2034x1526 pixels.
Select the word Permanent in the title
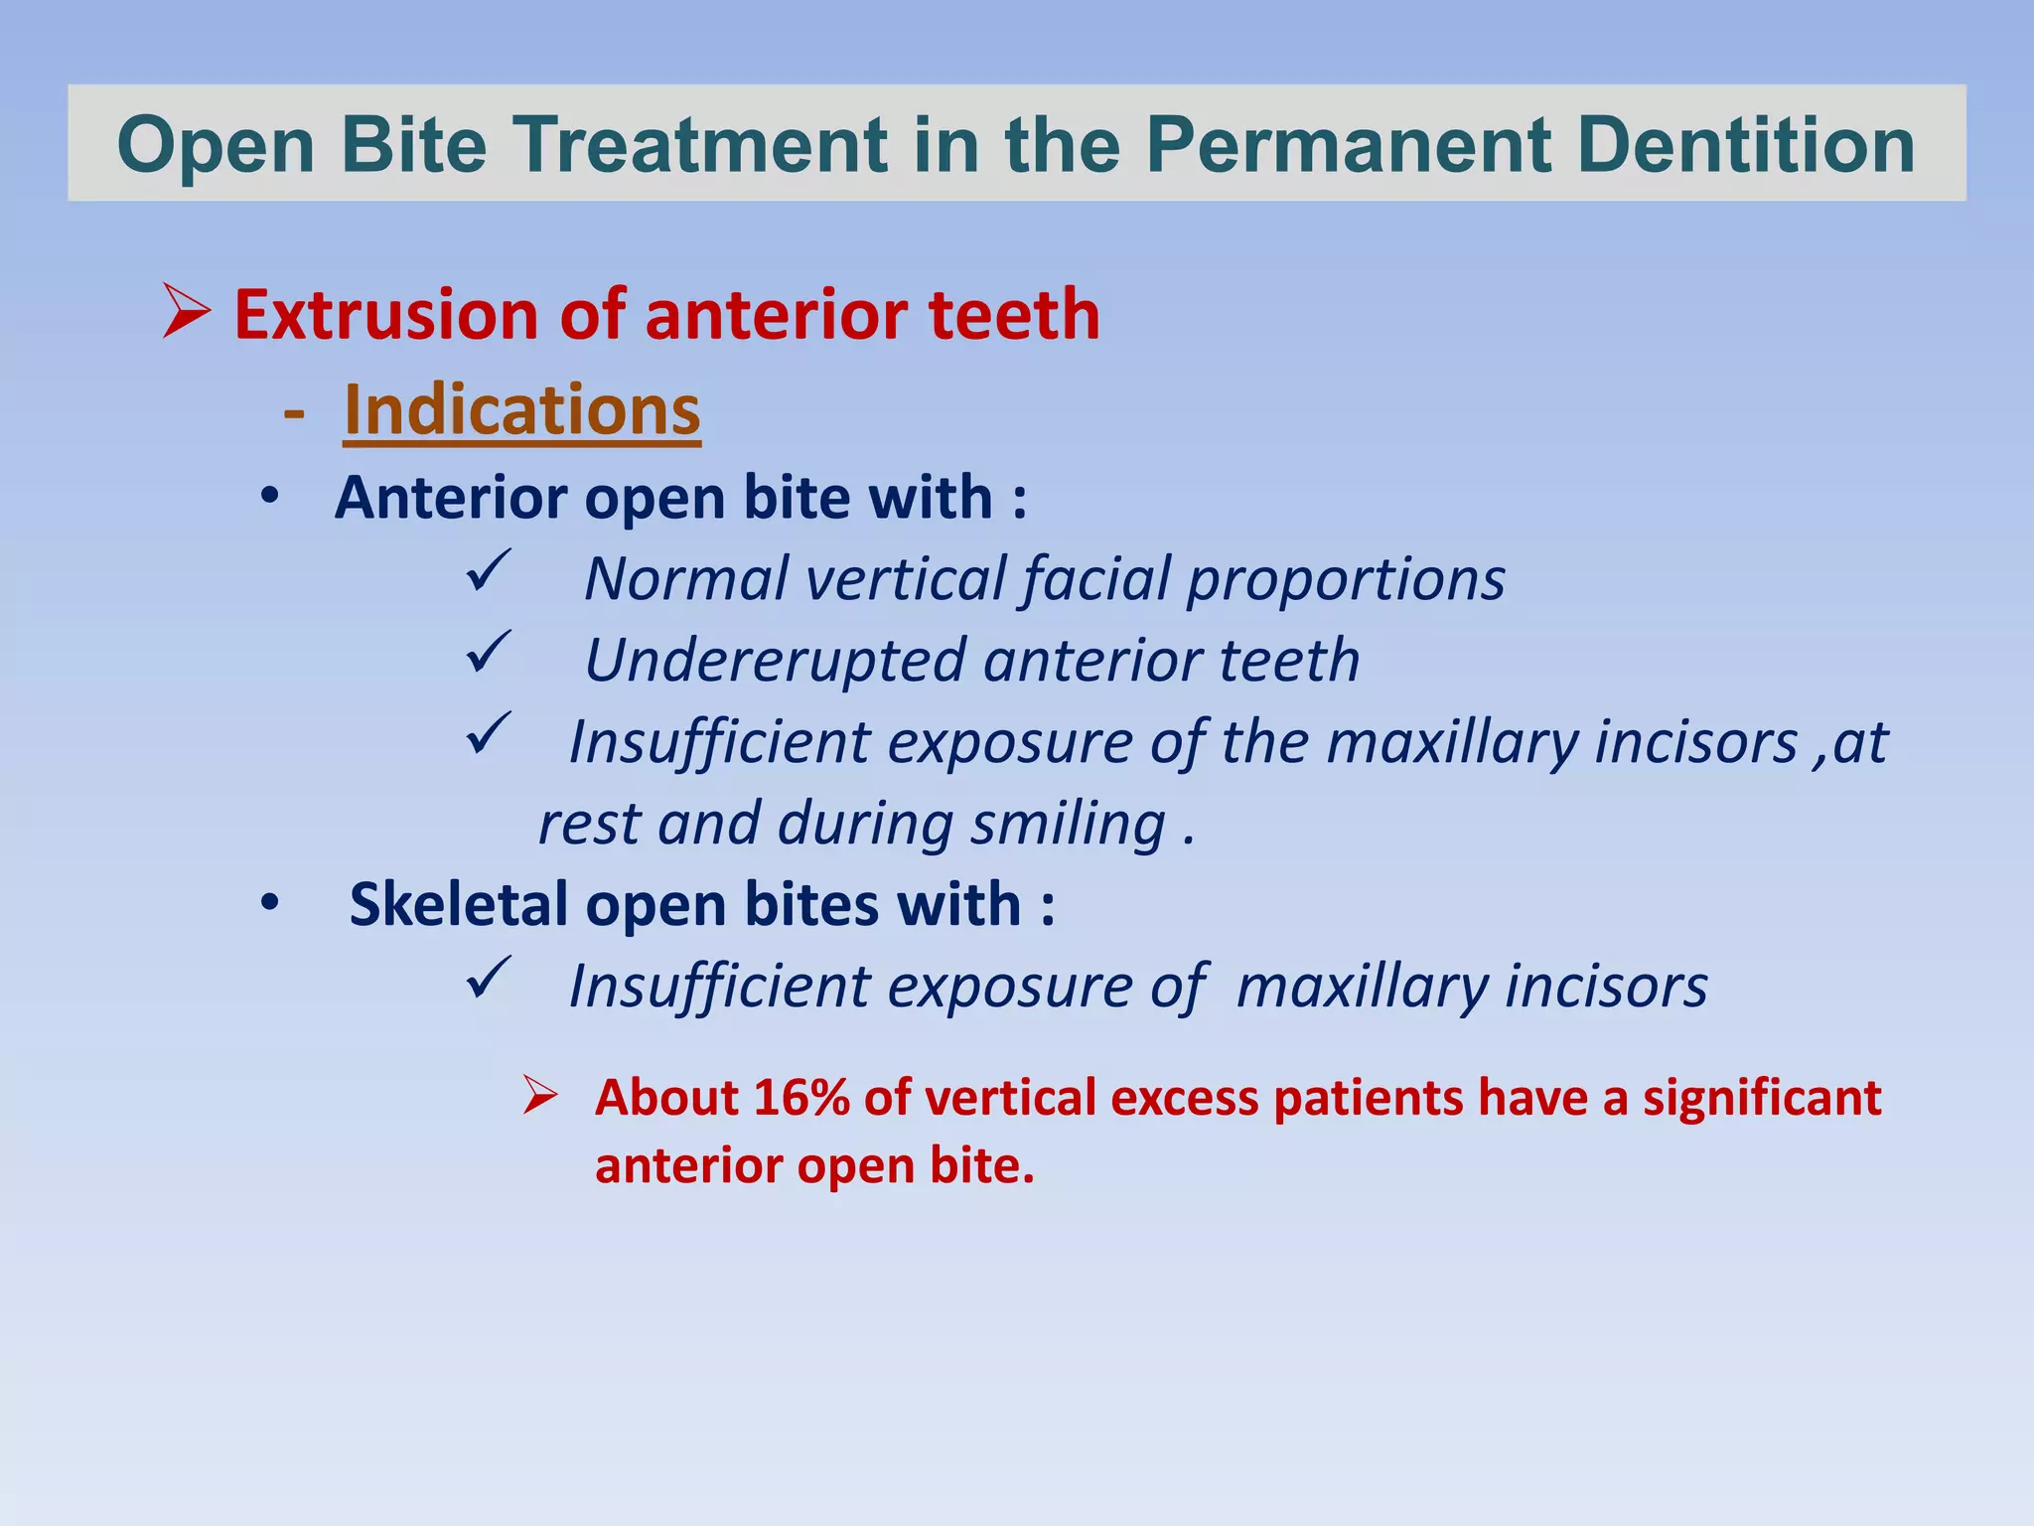click(x=1350, y=145)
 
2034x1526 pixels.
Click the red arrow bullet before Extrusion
click(x=187, y=311)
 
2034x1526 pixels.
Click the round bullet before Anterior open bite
click(x=269, y=496)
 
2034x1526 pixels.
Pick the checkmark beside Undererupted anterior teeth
click(x=489, y=653)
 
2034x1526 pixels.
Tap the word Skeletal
click(x=459, y=905)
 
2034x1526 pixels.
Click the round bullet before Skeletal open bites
click(x=269, y=904)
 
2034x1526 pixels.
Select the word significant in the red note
click(x=1761, y=1099)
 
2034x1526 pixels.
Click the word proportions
click(x=1346, y=580)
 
